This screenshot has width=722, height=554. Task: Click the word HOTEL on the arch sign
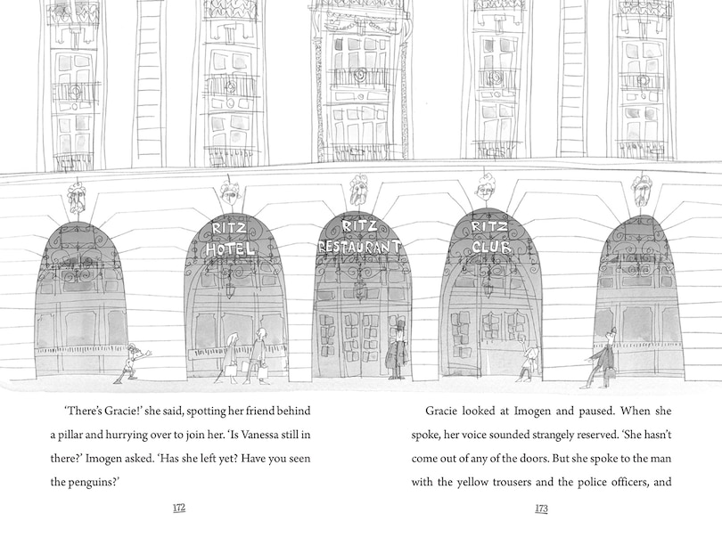pos(230,249)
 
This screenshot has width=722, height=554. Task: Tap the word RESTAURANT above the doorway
pos(359,246)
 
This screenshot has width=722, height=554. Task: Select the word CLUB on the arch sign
pos(491,247)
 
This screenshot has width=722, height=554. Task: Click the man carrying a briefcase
pos(600,358)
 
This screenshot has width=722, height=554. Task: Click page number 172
pos(178,508)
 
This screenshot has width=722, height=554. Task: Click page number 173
pos(541,509)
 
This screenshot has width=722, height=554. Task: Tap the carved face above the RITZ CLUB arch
pos(485,188)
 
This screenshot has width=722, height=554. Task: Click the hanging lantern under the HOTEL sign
pos(230,290)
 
